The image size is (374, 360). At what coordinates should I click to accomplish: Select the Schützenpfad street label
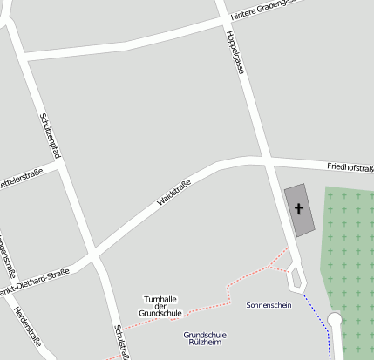coord(50,134)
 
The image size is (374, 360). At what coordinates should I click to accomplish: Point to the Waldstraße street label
coord(173,192)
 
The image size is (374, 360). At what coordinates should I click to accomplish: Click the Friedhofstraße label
coord(350,166)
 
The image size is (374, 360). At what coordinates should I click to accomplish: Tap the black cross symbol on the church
coord(299,208)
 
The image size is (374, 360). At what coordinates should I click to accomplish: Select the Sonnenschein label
coord(269,305)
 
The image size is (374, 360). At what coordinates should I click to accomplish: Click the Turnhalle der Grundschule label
coord(160,305)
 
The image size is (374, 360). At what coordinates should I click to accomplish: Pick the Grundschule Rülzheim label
coord(206,339)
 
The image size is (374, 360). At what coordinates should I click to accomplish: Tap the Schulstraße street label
coord(122,342)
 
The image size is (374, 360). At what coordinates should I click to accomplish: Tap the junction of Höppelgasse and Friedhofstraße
coord(263,160)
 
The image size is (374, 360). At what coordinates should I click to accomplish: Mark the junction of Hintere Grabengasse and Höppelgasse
coord(225,22)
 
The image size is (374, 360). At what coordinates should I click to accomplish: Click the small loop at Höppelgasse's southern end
coord(297,278)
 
